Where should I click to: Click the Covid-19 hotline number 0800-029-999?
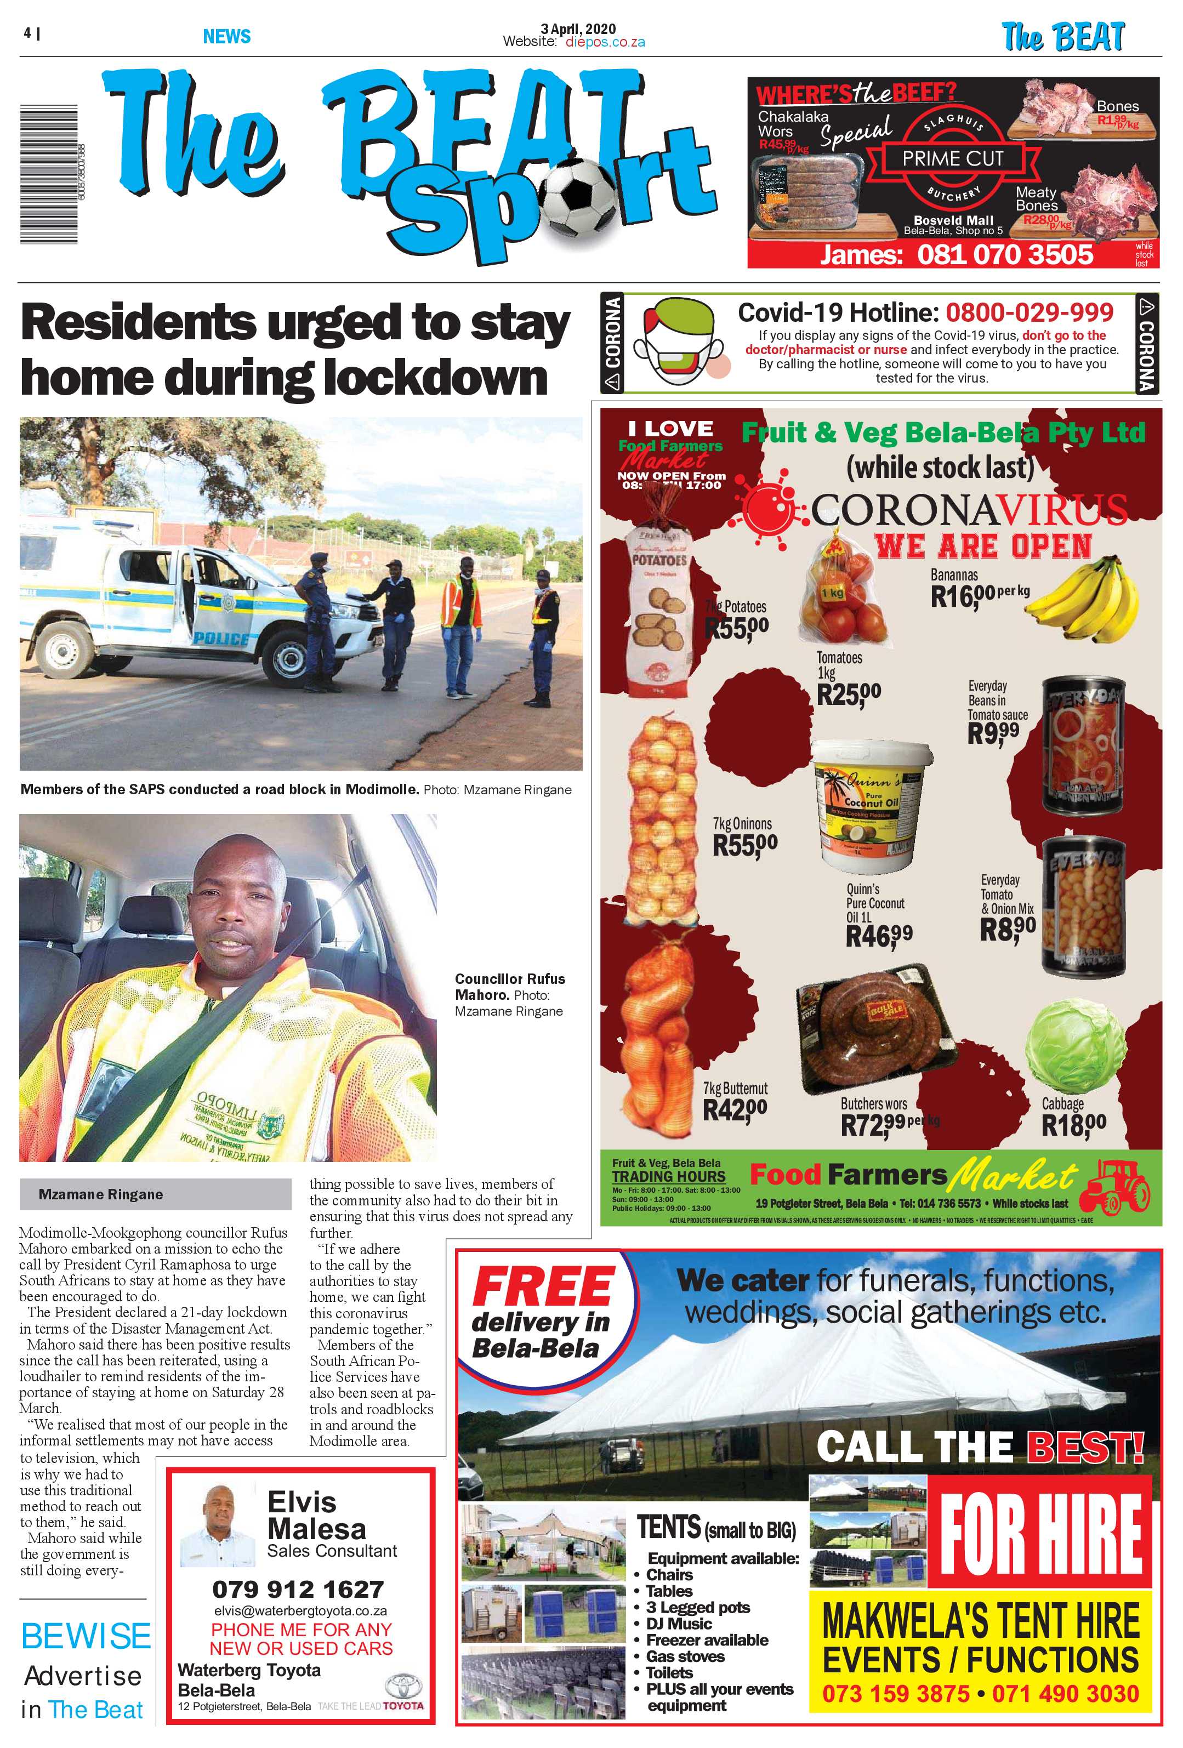coord(1029,311)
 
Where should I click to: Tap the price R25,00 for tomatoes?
coord(849,693)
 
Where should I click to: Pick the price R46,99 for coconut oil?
coord(878,936)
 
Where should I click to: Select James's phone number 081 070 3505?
coord(1005,255)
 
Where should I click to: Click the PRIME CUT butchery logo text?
coord(952,159)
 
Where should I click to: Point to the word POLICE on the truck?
coord(222,639)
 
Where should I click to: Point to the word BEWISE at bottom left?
coord(86,1637)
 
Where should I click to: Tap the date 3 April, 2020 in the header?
coord(578,29)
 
